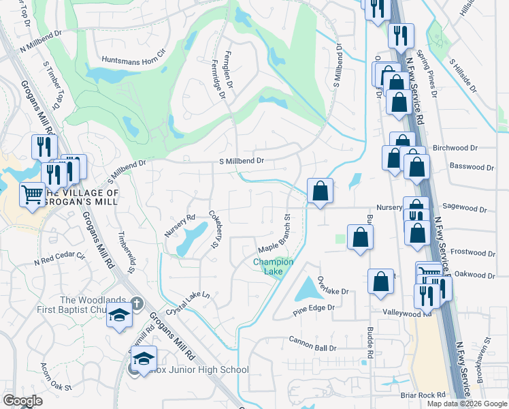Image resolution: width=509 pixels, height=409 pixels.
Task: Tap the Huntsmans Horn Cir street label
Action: click(x=133, y=61)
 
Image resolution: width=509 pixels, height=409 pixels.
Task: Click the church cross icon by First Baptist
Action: click(x=136, y=302)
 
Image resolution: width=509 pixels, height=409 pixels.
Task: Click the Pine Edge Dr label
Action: click(x=314, y=307)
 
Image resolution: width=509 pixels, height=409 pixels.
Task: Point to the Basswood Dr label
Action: click(x=472, y=166)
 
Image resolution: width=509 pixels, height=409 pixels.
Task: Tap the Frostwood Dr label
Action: click(x=472, y=252)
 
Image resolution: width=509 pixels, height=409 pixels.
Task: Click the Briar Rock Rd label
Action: click(x=423, y=395)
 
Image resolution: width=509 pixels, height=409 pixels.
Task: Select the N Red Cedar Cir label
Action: click(x=59, y=260)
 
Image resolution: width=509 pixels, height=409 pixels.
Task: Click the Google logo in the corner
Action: click(x=22, y=401)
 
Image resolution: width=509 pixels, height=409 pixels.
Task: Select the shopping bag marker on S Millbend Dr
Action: click(x=320, y=191)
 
